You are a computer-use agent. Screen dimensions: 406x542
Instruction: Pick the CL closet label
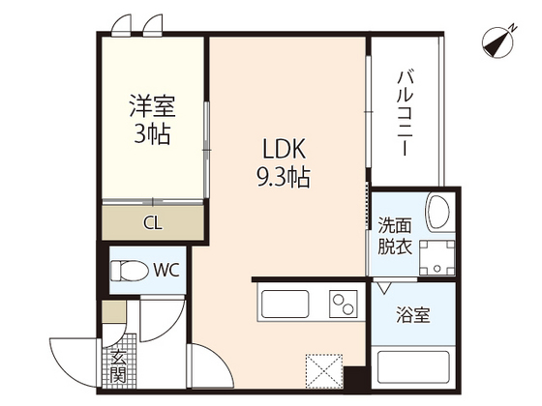pyautogui.click(x=153, y=223)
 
